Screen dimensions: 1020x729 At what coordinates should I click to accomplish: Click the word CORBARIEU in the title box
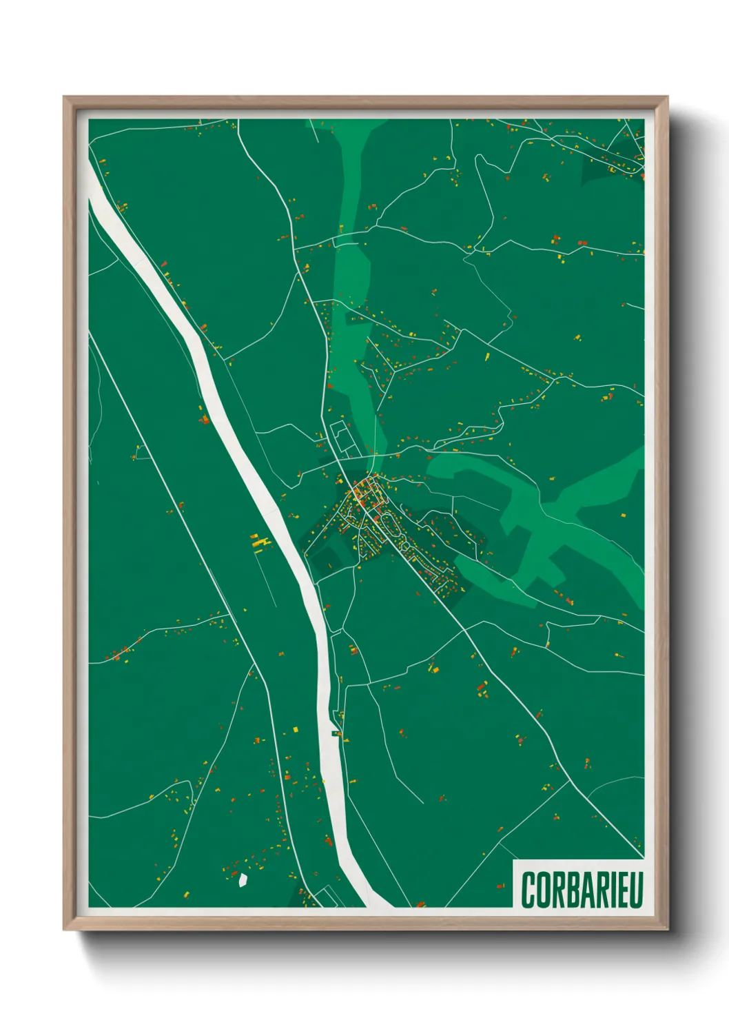coord(582,890)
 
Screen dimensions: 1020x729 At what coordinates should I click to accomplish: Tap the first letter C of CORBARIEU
coord(528,890)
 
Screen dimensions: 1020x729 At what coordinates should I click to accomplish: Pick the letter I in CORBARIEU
coord(610,890)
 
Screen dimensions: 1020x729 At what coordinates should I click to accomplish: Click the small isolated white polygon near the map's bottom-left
coord(243,879)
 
